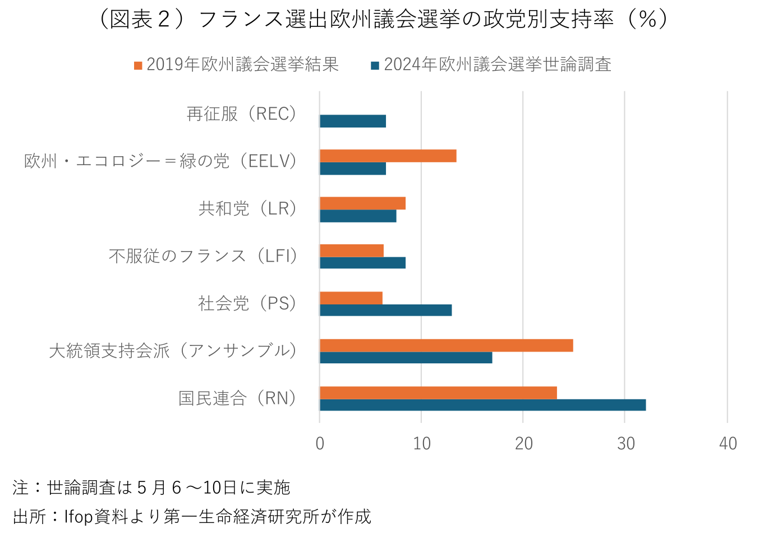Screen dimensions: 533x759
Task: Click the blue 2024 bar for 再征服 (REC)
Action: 353,121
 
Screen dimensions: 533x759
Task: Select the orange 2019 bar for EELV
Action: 388,156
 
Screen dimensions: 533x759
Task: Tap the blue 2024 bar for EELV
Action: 353,168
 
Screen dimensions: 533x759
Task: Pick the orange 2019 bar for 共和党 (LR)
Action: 362,203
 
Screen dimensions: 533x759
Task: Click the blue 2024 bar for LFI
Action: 362,263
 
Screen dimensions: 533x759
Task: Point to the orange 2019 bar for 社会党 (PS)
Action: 351,298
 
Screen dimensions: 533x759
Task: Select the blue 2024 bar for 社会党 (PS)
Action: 385,310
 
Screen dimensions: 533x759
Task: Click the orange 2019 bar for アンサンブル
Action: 446,345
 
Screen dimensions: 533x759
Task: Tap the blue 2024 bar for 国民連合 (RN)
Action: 482,405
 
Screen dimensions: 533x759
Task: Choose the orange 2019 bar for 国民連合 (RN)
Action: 438,393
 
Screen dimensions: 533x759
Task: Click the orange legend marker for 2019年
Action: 138,66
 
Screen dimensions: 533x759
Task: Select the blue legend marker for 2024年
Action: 375,66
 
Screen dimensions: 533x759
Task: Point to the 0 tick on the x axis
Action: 320,444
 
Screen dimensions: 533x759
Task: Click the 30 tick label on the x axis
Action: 625,444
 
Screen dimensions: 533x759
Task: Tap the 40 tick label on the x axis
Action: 728,444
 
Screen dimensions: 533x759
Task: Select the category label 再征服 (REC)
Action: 242,114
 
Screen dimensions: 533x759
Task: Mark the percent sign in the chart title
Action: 647,20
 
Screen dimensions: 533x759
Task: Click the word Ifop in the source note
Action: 78,516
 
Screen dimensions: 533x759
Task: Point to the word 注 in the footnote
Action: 20,488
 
